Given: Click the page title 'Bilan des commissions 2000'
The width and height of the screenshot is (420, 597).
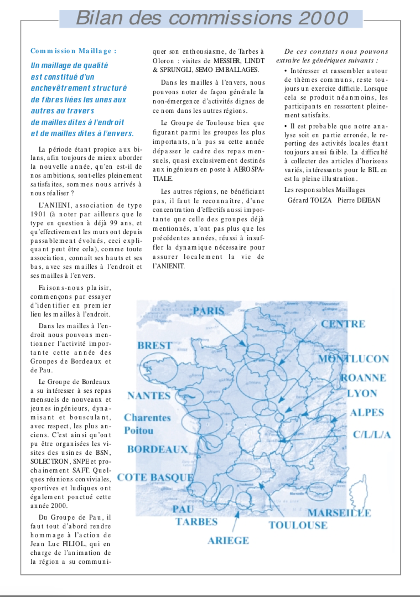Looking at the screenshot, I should point(212,18).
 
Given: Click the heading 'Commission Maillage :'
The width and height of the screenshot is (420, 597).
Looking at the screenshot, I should point(74,51).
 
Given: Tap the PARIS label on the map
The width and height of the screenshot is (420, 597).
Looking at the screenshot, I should point(209,310).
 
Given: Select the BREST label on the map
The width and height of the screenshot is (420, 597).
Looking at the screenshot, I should point(155,345).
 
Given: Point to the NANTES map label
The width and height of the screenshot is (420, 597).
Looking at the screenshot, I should point(149,396).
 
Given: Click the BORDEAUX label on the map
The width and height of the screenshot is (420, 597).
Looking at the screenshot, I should point(157,449).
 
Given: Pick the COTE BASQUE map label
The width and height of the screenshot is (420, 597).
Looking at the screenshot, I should point(155,477).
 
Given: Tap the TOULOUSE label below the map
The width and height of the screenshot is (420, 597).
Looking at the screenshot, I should point(298,525).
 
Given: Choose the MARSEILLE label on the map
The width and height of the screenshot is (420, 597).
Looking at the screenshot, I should point(339,512).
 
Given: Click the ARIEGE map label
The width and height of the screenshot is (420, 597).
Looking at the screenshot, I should point(228,540).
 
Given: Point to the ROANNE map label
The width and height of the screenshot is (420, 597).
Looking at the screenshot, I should point(363,378).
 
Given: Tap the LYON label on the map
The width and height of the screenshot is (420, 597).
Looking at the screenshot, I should point(362,393).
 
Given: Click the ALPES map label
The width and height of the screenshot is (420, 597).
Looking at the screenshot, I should point(367,412).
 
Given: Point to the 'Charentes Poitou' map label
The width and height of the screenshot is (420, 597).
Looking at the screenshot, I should point(147,423).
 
